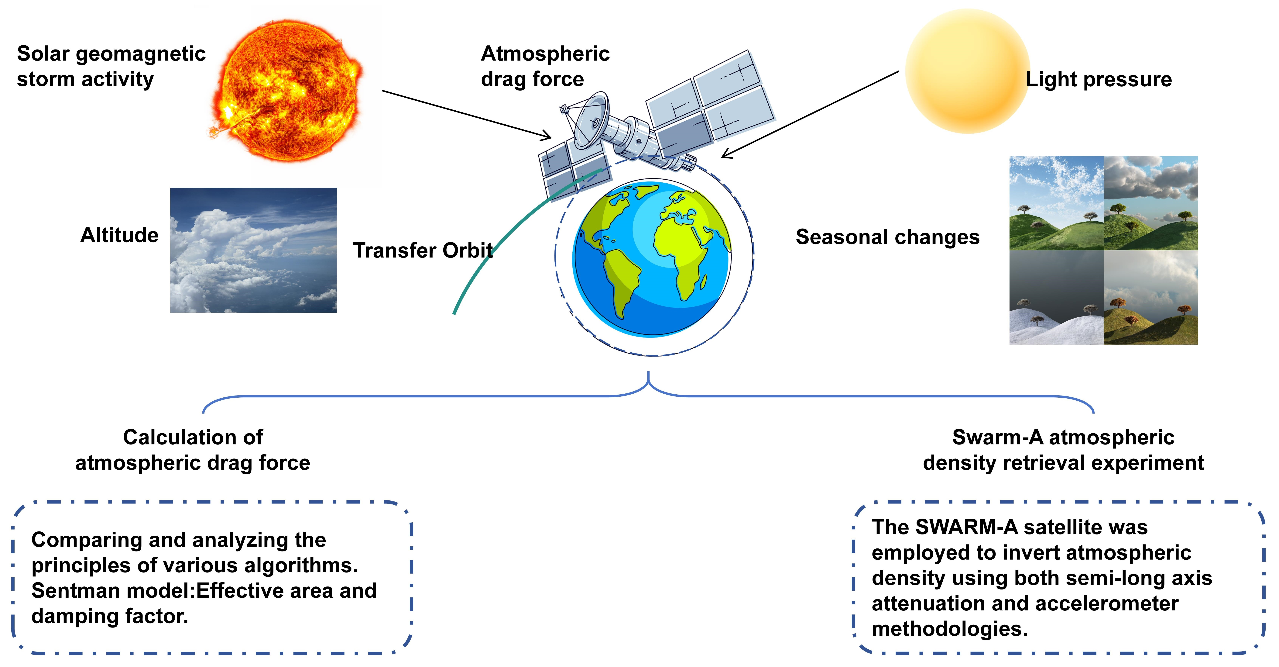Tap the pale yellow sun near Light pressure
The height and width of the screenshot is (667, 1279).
[x=967, y=71]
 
